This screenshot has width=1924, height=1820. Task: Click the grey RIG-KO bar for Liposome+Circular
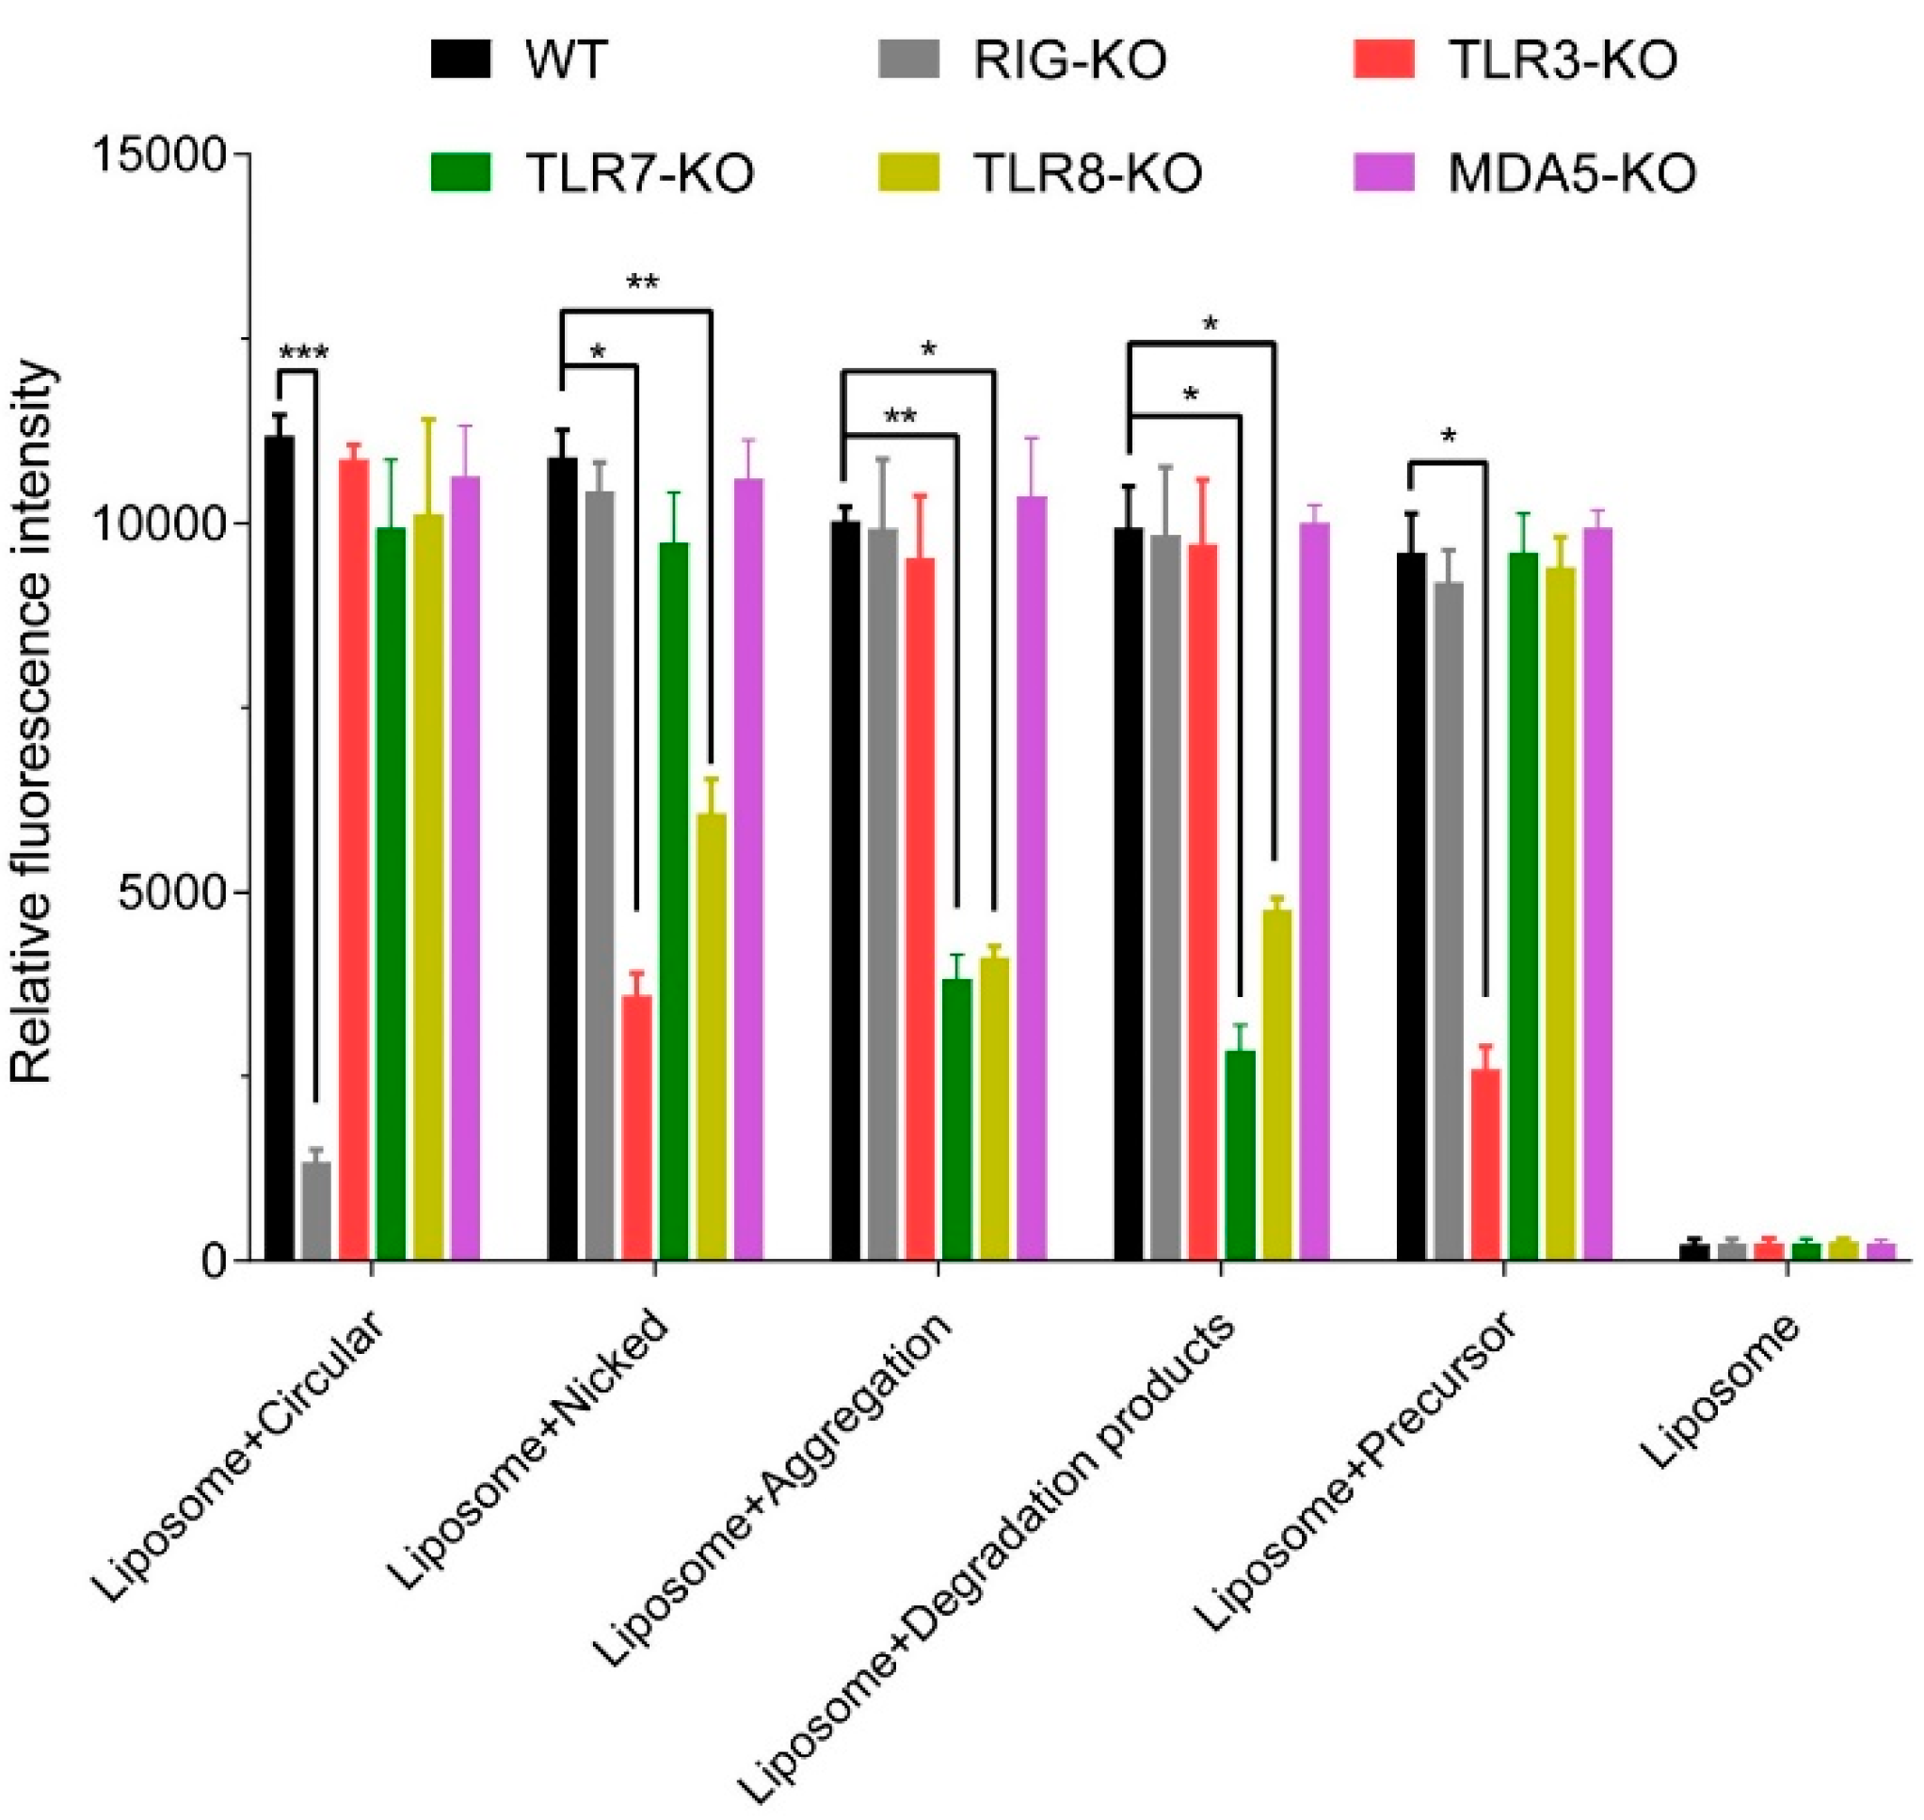tap(317, 1211)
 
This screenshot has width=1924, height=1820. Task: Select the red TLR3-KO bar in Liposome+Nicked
tap(637, 1127)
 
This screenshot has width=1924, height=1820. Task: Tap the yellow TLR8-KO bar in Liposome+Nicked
tap(712, 1036)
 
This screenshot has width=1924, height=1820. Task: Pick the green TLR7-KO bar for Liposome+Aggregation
tap(957, 1119)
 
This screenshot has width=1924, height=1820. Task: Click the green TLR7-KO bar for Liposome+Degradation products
tap(1241, 1154)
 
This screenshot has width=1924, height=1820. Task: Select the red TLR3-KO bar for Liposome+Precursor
tap(1485, 1164)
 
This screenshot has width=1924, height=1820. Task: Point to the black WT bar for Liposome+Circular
tap(281, 848)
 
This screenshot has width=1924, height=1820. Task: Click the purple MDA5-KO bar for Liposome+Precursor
tap(1597, 894)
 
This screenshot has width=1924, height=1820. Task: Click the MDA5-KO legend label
tap(1571, 174)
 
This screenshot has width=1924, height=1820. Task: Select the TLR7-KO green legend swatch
tap(460, 172)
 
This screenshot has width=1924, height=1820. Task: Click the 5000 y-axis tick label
tap(174, 893)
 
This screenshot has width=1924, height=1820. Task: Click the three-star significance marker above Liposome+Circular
tap(303, 352)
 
